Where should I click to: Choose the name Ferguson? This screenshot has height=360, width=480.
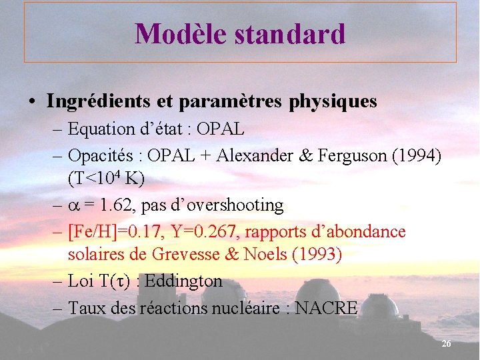359,155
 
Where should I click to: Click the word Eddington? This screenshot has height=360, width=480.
183,281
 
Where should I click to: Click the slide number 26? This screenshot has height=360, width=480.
446,343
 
